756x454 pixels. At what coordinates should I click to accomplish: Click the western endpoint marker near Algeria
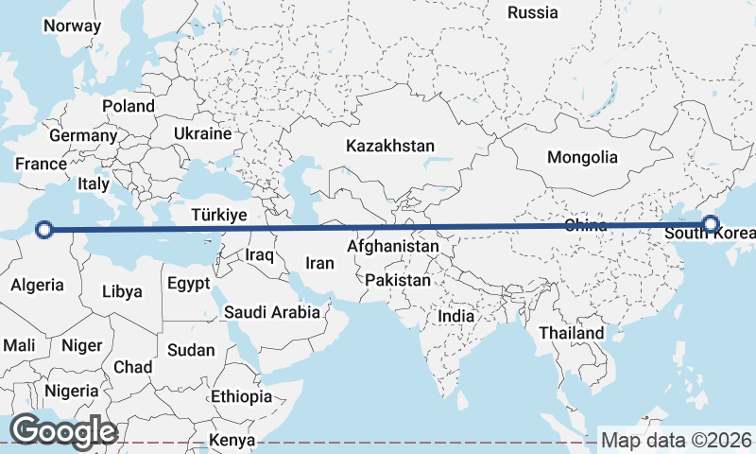43,228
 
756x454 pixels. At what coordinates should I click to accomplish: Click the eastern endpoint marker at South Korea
711,225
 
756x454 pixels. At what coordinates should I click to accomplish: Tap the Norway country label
72,26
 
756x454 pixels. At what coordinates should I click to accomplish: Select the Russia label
532,12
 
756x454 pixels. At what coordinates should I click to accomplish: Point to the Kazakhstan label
390,147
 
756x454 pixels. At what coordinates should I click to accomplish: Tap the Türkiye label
218,215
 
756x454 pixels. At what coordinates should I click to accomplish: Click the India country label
456,316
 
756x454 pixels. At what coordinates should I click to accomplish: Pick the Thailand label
571,333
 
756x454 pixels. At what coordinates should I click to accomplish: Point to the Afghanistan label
392,246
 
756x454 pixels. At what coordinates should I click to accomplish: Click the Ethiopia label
241,396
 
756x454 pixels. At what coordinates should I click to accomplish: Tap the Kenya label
232,440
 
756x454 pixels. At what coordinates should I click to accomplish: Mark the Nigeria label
71,390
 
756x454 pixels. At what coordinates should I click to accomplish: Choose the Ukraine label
202,134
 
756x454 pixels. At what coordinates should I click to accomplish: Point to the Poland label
128,106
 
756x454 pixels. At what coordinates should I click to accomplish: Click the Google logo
63,431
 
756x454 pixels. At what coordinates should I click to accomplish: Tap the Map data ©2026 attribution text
677,440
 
